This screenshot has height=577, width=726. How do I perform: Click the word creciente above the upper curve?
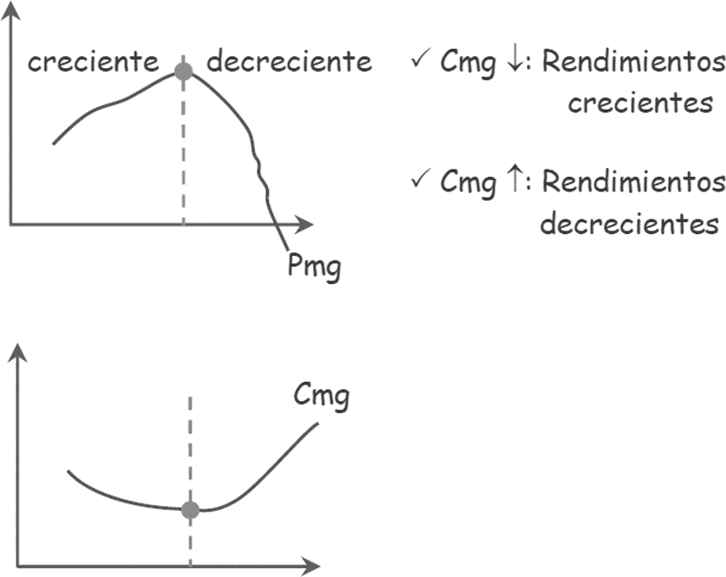point(92,63)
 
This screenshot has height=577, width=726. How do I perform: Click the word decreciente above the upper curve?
point(289,63)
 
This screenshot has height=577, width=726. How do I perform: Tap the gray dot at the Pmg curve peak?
point(183,72)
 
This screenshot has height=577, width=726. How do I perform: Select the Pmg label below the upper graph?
point(313,268)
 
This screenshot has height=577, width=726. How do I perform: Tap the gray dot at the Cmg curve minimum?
point(190,510)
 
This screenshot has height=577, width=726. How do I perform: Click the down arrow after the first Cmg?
point(512,64)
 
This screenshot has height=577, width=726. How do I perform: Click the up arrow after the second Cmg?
point(512,181)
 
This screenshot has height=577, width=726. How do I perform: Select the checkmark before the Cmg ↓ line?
point(420,63)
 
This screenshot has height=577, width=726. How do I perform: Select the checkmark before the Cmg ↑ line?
point(420,180)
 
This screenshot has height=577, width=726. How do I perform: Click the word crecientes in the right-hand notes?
point(640,103)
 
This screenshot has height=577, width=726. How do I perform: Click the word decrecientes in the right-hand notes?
point(629,223)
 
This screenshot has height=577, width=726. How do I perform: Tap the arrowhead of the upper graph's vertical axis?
point(11,11)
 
